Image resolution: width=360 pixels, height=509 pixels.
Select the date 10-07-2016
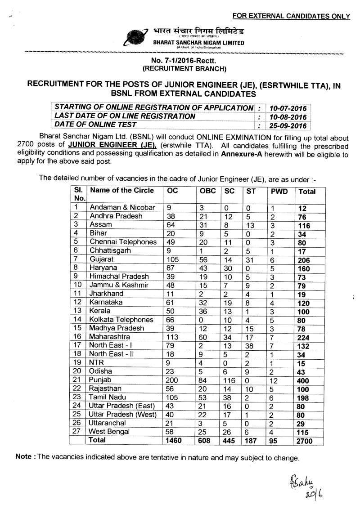point(286,108)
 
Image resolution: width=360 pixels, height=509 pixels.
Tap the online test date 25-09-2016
point(286,125)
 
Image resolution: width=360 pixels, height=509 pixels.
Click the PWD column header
point(276,191)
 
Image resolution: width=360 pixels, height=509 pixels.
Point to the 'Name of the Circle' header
point(122,190)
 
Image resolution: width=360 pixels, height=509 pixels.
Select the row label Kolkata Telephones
point(121,320)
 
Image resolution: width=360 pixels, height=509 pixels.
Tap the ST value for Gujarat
point(250,260)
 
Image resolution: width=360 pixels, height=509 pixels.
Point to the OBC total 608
point(207,441)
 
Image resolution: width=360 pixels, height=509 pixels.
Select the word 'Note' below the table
point(23,457)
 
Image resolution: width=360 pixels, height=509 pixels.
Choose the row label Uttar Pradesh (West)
point(123,414)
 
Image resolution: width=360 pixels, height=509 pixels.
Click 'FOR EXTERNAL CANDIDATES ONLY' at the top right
point(291,17)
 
